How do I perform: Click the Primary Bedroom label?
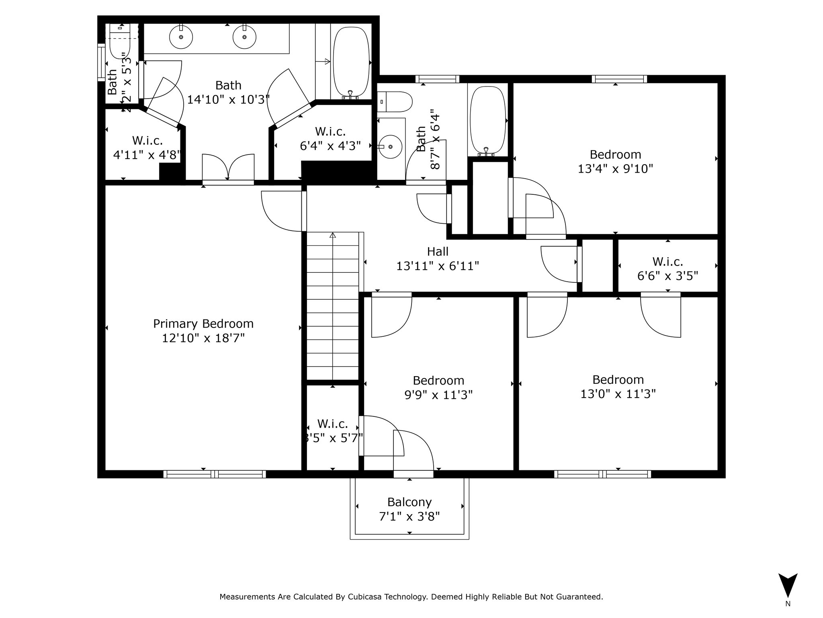pyautogui.click(x=203, y=324)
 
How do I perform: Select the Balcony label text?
pyautogui.click(x=409, y=502)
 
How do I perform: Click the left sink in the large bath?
pyautogui.click(x=181, y=37)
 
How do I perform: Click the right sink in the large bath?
pyautogui.click(x=244, y=37)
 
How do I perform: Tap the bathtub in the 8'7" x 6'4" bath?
pyautogui.click(x=487, y=121)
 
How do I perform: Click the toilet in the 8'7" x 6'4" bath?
pyautogui.click(x=395, y=102)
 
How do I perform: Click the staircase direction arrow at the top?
pyautogui.click(x=332, y=235)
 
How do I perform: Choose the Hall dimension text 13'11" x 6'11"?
pyautogui.click(x=438, y=266)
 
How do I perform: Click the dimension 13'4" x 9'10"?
pyautogui.click(x=615, y=169)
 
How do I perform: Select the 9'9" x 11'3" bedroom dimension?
pyautogui.click(x=438, y=395)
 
